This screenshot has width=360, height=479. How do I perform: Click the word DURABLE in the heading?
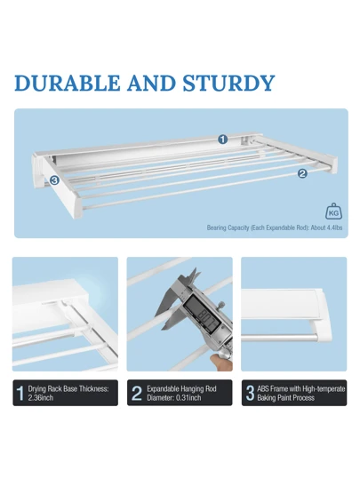coord(68,83)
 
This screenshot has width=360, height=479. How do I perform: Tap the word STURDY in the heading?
coord(229,83)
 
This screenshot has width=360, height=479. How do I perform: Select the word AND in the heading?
coord(151,83)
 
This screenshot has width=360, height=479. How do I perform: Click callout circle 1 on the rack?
coord(223,140)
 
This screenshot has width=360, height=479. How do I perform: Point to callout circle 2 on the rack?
coord(302,173)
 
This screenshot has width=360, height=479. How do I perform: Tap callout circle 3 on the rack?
coord(54,180)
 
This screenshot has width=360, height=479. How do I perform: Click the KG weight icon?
coord(333,212)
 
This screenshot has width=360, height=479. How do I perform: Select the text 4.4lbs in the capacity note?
coord(334,228)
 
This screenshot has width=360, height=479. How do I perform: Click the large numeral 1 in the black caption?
coord(20,393)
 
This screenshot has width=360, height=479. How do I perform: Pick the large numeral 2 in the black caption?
coord(137,393)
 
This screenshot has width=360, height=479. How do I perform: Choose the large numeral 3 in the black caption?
coord(250,393)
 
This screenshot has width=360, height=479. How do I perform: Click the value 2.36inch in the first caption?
coord(41,398)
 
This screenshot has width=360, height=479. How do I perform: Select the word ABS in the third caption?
coord(263,389)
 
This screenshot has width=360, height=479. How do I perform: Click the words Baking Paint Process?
coord(285,398)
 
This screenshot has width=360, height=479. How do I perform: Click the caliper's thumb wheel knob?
coord(221,305)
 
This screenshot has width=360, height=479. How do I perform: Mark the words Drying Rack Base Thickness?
coord(68,389)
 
